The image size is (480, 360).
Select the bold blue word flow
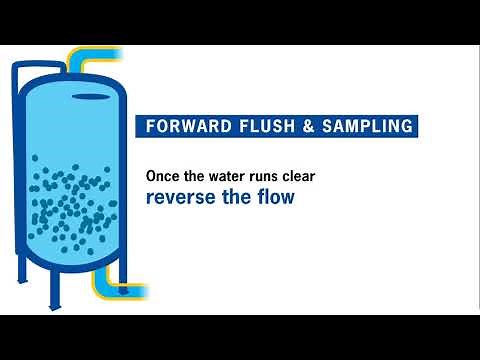click(273, 196)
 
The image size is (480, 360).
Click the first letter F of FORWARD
click(151, 128)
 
